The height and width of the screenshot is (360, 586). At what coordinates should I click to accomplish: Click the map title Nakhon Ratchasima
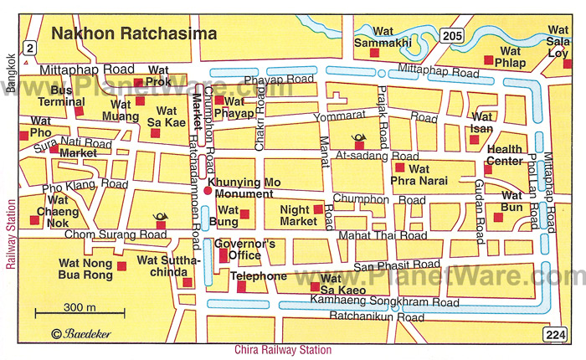point(133,34)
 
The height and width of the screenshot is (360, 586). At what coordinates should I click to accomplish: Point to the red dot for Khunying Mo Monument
point(208,190)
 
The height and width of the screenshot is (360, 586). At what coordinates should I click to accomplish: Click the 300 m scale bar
point(80,315)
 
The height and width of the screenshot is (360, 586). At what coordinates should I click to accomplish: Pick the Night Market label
point(298,215)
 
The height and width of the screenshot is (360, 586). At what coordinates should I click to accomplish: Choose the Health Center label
point(505,155)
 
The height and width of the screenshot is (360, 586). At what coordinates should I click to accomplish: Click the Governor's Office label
point(239,249)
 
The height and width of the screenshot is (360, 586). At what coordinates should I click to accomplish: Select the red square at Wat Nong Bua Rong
point(121,266)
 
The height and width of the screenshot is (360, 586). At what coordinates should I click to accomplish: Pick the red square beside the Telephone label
point(241,287)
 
